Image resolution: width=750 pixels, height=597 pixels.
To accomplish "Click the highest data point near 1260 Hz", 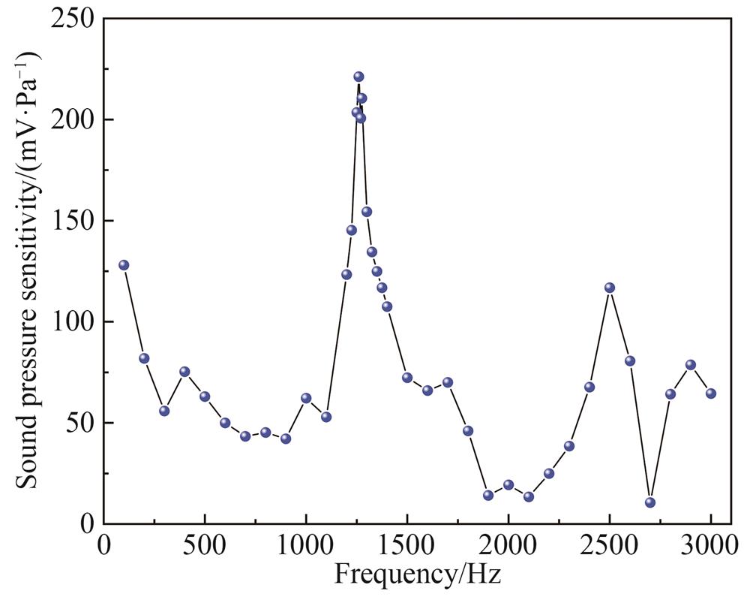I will pyautogui.click(x=358, y=77).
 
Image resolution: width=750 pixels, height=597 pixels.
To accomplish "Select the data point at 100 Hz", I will pyautogui.click(x=124, y=265).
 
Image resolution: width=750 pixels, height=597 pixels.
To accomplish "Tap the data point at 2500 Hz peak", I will pyautogui.click(x=610, y=288).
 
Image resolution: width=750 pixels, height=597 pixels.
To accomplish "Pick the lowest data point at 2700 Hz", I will pyautogui.click(x=650, y=502).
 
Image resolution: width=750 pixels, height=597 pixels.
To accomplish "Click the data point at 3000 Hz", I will pyautogui.click(x=711, y=393).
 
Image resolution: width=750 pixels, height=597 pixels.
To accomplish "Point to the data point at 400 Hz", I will pyautogui.click(x=184, y=372).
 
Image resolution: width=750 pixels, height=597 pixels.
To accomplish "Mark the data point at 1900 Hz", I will pyautogui.click(x=488, y=495).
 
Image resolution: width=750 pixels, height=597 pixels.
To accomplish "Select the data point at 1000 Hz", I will pyautogui.click(x=306, y=398).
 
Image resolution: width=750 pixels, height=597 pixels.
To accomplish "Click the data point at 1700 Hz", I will pyautogui.click(x=448, y=382).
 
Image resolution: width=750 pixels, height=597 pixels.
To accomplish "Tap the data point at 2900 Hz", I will pyautogui.click(x=691, y=365).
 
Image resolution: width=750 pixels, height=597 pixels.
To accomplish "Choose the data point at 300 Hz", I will pyautogui.click(x=164, y=411).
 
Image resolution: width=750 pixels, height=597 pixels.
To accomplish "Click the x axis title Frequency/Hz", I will pyautogui.click(x=418, y=575).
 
